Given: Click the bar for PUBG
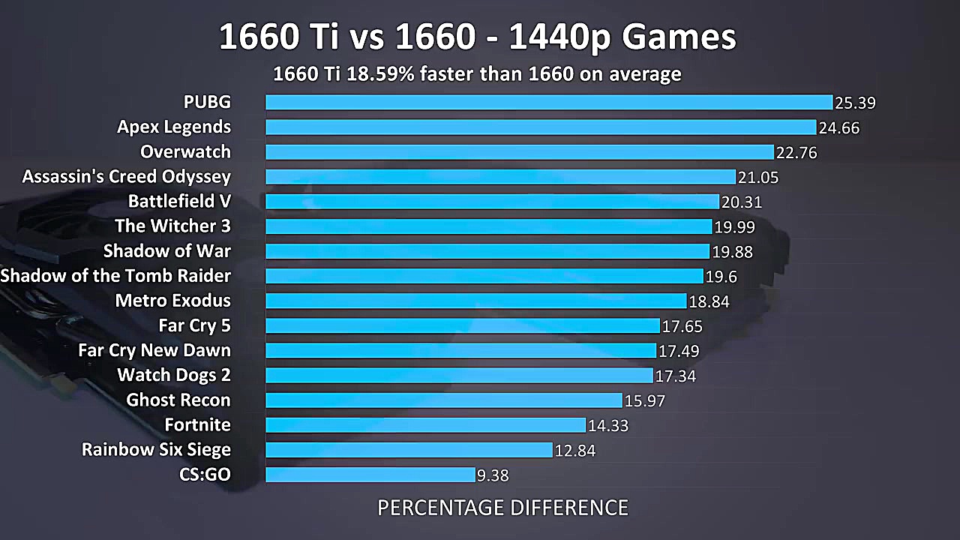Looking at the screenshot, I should pos(549,102).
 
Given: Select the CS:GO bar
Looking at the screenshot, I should pos(370,475).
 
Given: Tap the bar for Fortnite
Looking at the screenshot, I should pos(425,425).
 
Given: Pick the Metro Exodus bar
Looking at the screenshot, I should pos(476,301).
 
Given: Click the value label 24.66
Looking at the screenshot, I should pos(839,128).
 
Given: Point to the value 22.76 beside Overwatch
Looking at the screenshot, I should pos(796,153).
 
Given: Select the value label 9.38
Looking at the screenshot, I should pos(493,475).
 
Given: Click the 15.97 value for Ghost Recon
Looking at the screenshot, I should pos(645,401).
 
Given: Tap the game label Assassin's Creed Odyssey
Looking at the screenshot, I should pos(127,177).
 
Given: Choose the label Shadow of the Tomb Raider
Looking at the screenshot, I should pos(115,276).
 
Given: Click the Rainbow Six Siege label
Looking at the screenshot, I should pos(156,450).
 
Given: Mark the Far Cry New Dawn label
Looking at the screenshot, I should pos(154,350).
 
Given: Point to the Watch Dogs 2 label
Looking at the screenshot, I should pos(174,375).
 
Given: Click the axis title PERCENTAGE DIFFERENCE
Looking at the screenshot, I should pos(502,508).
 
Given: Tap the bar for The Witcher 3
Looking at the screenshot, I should pos(488,226).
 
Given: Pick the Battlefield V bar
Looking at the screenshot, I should pos(492,202).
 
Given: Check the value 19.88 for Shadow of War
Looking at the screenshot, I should pos(732,252).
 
